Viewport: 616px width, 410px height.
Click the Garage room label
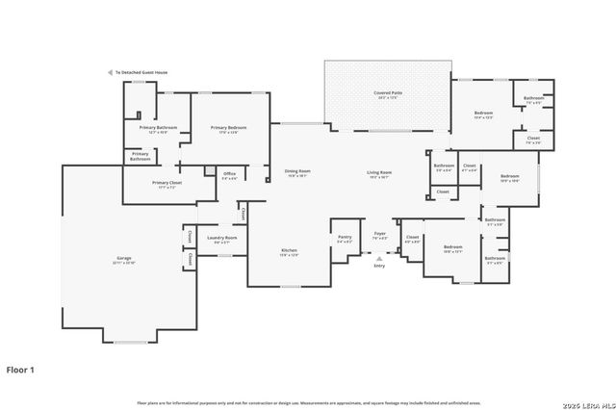pos(125,259)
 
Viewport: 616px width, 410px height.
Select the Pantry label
pos(345,237)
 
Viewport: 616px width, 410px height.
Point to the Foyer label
pos(380,233)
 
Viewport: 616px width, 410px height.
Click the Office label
pos(230,174)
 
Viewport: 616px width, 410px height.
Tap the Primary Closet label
pos(167,183)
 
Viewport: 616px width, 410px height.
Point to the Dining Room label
pos(295,172)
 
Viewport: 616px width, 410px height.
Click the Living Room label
pos(379,172)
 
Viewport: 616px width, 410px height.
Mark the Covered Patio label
pos(388,93)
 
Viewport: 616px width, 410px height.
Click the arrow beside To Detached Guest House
pos(110,72)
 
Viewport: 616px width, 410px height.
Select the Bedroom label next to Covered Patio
pos(483,114)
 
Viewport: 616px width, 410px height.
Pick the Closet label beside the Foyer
pos(412,237)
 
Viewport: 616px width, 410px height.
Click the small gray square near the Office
pos(209,171)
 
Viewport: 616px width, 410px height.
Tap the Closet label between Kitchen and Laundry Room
pos(244,214)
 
